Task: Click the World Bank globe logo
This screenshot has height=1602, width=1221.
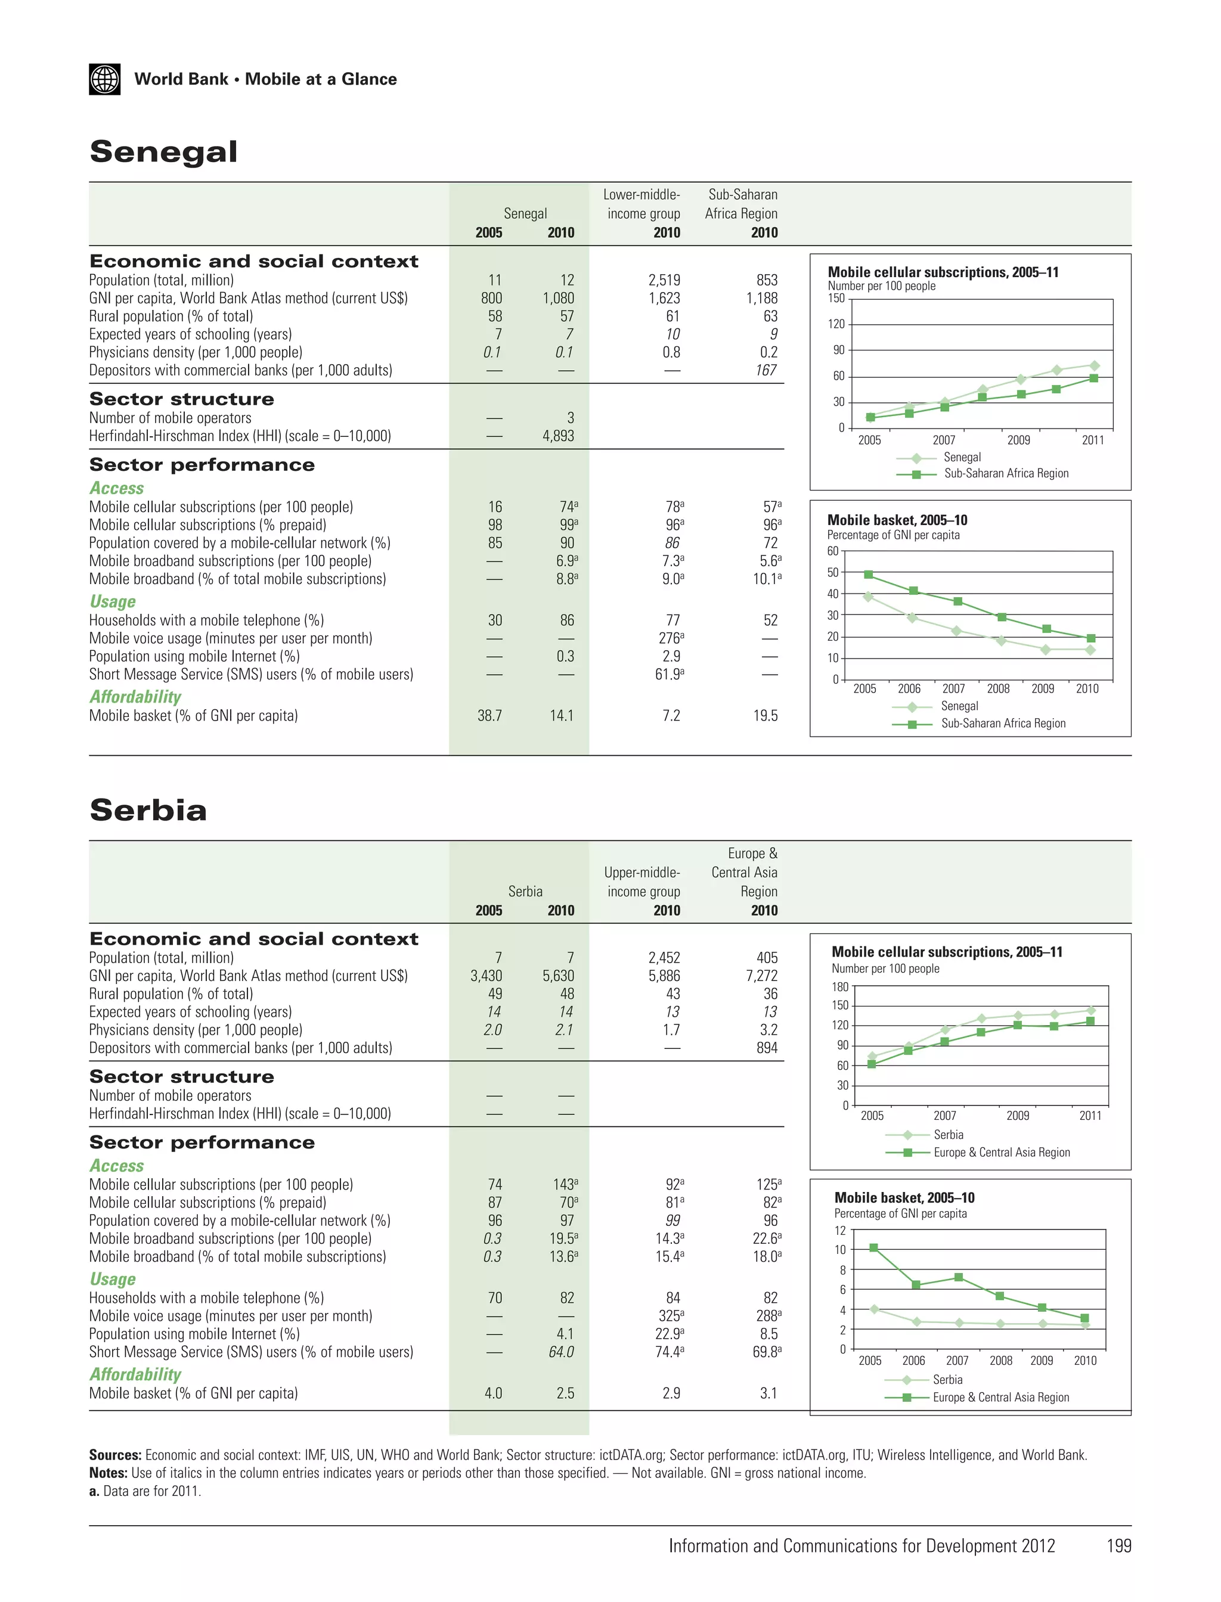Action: point(105,79)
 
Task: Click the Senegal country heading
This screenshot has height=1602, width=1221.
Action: point(163,152)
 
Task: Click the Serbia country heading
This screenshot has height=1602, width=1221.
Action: point(148,810)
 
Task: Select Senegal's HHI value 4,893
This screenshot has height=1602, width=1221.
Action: point(558,436)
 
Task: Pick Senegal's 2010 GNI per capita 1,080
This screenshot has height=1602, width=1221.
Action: point(558,298)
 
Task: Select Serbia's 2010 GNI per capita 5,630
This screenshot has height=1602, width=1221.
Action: point(558,976)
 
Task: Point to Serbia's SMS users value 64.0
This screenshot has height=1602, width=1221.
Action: point(561,1352)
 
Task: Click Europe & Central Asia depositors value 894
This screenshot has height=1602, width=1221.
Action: point(767,1048)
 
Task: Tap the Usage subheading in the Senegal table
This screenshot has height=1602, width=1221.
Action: point(113,601)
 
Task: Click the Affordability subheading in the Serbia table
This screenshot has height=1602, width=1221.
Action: point(135,1374)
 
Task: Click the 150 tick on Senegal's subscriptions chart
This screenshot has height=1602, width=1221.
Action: point(836,298)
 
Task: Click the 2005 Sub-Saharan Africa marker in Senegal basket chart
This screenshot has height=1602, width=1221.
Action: point(869,575)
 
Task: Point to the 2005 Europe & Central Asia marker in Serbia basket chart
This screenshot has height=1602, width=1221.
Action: point(873,1247)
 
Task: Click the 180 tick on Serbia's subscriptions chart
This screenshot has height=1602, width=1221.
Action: point(840,986)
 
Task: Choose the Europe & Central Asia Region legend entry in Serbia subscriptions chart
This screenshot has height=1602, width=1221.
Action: point(1002,1152)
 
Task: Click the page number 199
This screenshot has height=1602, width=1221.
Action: point(1118,1546)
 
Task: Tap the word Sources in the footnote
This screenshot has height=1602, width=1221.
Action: point(115,1455)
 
